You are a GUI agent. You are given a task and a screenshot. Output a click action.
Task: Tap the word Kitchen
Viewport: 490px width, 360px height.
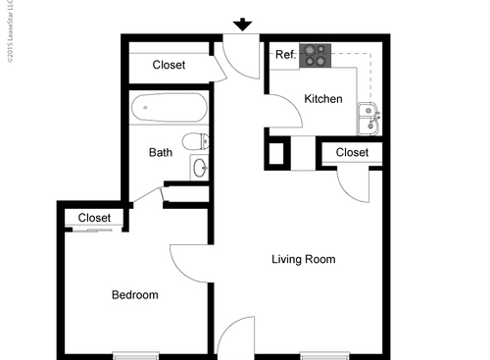(322, 99)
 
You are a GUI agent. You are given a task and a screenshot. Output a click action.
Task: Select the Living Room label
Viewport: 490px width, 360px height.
(303, 260)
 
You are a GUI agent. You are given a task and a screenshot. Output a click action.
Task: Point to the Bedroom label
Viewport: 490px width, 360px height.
(134, 295)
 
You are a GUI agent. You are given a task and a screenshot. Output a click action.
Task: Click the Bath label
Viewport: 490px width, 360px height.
(161, 153)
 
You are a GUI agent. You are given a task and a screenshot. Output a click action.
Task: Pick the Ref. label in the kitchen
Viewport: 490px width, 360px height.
(285, 55)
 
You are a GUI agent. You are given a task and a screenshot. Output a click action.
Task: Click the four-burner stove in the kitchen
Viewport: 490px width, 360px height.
(317, 56)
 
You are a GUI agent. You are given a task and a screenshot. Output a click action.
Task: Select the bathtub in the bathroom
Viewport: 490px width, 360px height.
(169, 107)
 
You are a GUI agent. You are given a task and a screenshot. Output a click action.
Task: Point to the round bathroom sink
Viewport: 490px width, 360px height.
(200, 167)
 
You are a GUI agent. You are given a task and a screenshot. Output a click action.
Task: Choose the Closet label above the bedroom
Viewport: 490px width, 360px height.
(94, 218)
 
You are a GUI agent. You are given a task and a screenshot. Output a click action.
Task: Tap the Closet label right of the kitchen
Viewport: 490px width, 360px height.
(352, 153)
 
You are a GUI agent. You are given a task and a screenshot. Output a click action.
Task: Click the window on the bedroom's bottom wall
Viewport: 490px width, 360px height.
(135, 354)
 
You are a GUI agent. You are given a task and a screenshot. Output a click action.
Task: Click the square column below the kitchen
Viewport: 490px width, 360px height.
(276, 155)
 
